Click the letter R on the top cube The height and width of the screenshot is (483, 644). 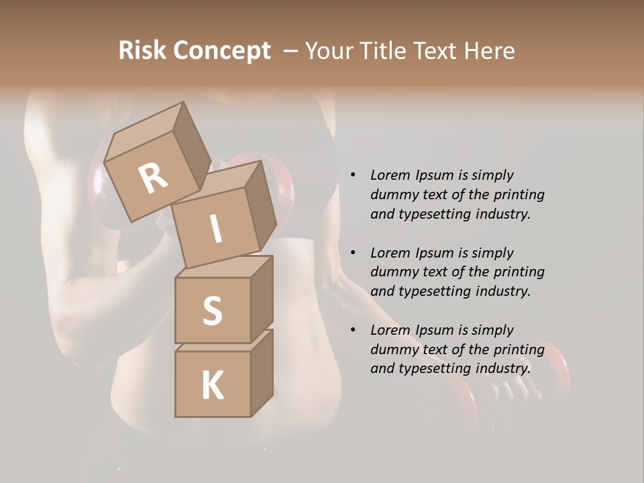(x=153, y=178)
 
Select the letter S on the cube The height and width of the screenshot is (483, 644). (x=212, y=311)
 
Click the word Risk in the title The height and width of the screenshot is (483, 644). (x=142, y=50)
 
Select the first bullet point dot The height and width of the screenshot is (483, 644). (x=352, y=175)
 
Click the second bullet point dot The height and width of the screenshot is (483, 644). (x=352, y=253)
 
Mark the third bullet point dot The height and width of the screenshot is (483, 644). (x=352, y=330)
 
